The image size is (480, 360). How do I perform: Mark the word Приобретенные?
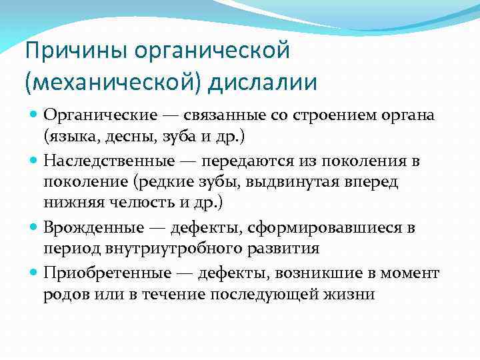pyautogui.click(x=101, y=273)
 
